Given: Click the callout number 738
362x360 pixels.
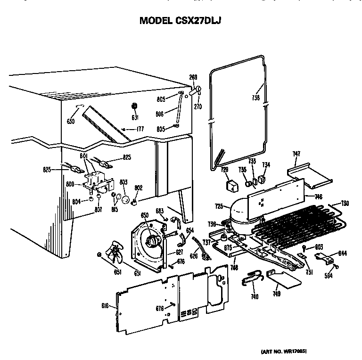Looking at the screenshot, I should pyautogui.click(x=256, y=99).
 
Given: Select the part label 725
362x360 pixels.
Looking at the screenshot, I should pyautogui.click(x=219, y=206).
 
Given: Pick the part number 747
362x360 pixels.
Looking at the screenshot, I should pyautogui.click(x=296, y=154).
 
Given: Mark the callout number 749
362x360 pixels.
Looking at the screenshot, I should pyautogui.click(x=277, y=294).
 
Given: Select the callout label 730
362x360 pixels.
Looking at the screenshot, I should pyautogui.click(x=345, y=204).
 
